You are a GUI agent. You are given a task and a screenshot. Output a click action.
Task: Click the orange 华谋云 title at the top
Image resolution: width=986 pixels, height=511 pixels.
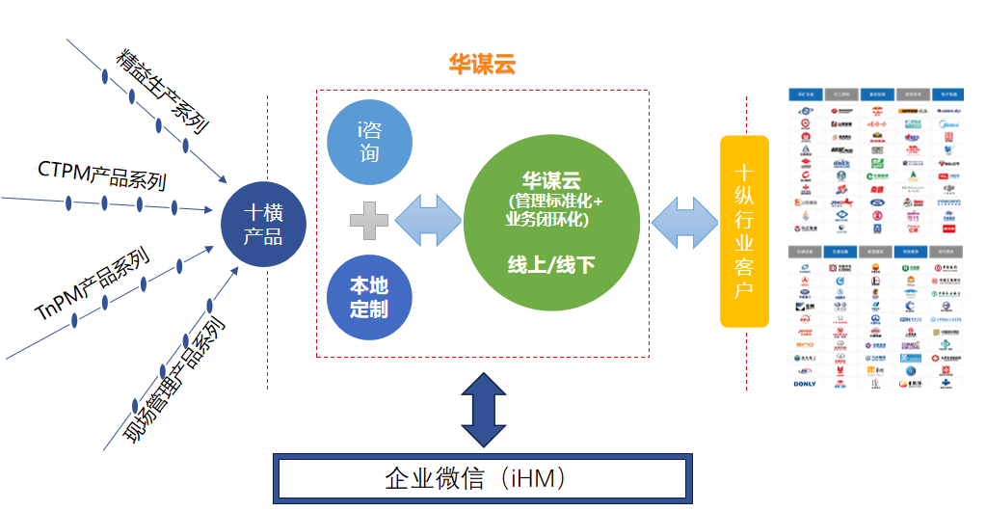(x=482, y=65)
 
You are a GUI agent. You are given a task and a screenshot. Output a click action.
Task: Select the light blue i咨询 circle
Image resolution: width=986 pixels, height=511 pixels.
(x=369, y=142)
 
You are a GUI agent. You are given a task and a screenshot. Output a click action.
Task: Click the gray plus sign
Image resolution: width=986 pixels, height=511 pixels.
(x=369, y=221)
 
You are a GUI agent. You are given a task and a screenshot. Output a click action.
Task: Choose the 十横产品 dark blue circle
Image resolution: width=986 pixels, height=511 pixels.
(x=263, y=224)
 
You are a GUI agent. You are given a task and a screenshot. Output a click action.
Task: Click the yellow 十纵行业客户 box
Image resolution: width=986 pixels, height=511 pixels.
(x=744, y=231)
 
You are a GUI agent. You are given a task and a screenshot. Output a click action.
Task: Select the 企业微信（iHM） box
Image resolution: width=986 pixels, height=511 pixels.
(x=482, y=478)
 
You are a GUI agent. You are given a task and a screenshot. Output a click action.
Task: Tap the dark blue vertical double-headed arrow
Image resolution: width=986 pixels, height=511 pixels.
(x=483, y=407)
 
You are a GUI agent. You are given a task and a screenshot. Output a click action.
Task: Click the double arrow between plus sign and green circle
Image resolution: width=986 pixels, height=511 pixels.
(x=429, y=221)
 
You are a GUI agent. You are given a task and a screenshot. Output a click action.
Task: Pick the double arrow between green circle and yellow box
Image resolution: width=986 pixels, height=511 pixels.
(x=684, y=222)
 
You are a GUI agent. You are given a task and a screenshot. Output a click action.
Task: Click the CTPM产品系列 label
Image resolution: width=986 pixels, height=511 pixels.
(x=102, y=175)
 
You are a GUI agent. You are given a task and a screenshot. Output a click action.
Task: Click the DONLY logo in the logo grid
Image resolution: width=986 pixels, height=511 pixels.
(x=805, y=384)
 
